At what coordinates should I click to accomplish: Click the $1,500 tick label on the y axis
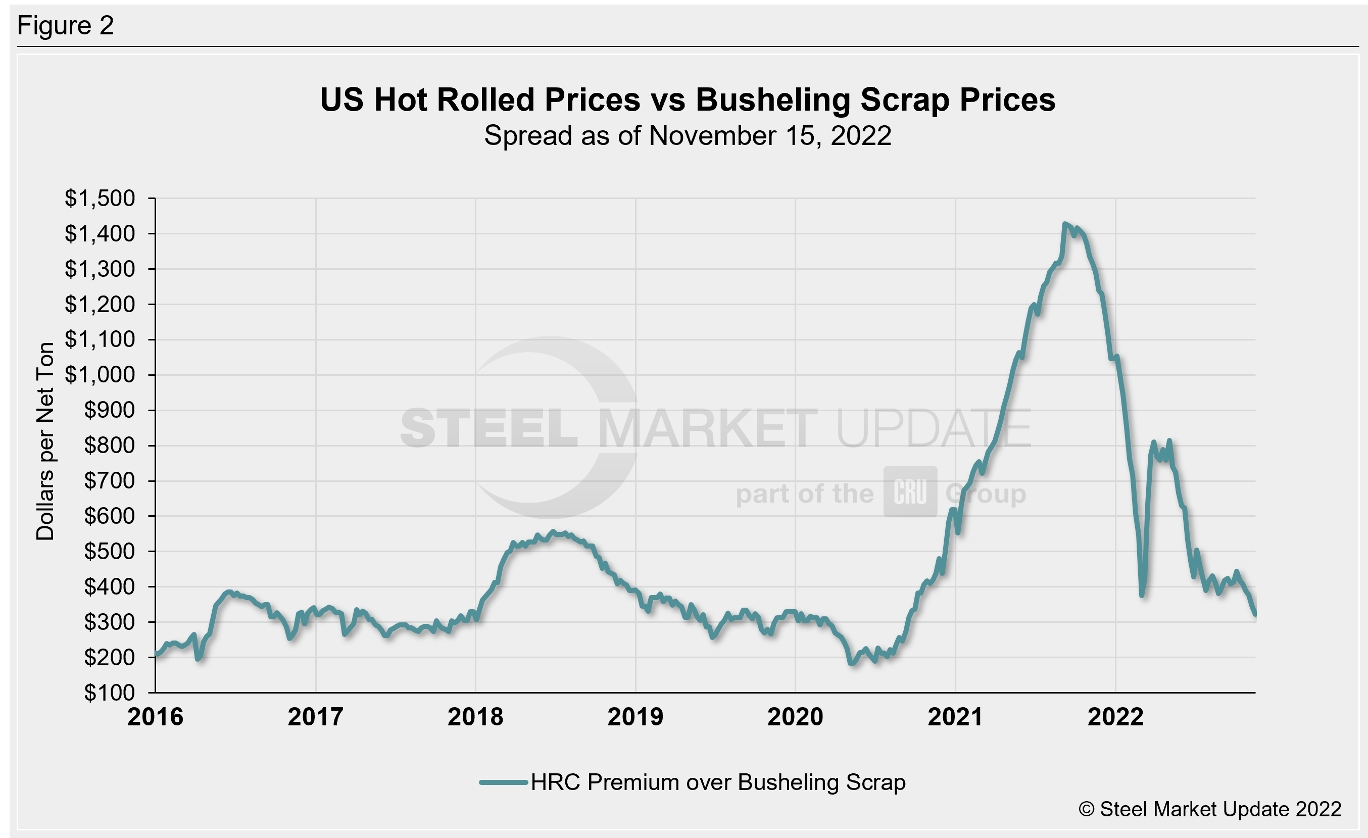pyautogui.click(x=100, y=198)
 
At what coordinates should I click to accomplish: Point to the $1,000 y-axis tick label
pyautogui.click(x=100, y=375)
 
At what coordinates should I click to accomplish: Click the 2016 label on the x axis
pyautogui.click(x=155, y=716)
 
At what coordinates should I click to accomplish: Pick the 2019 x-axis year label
pyautogui.click(x=635, y=716)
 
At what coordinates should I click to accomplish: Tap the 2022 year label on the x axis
pyautogui.click(x=1115, y=716)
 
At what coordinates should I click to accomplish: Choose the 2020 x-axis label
pyautogui.click(x=795, y=716)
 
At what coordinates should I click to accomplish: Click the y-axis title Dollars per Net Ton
pyautogui.click(x=45, y=441)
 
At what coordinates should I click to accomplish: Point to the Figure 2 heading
pyautogui.click(x=65, y=26)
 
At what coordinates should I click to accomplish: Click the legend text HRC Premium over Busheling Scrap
pyautogui.click(x=718, y=782)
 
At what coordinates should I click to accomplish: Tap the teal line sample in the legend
pyautogui.click(x=503, y=782)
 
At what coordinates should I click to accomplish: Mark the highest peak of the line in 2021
pyautogui.click(x=1064, y=224)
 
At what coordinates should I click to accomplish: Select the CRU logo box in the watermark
pyautogui.click(x=910, y=491)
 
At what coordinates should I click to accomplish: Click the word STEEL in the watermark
pyautogui.click(x=489, y=428)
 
